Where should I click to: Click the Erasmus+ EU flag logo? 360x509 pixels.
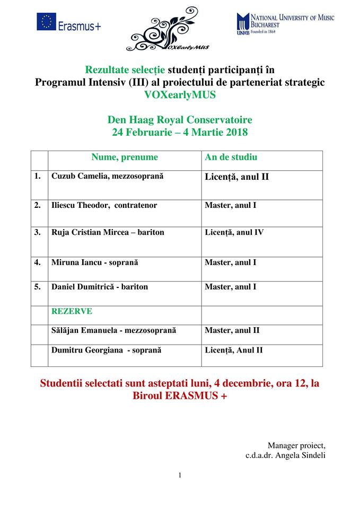46,23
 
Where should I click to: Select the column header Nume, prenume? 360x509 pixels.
125,157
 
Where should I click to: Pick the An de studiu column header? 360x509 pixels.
231,157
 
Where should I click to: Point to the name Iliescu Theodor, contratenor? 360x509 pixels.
104,205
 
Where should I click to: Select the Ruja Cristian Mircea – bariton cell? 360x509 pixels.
108,232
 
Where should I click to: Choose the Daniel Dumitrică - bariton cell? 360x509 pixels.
100,287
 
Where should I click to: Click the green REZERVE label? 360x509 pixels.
72,311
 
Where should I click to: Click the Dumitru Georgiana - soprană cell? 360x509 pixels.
106,350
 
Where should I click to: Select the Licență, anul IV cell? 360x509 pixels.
234,232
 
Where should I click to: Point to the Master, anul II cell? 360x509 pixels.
232,330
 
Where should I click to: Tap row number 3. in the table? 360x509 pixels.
38,232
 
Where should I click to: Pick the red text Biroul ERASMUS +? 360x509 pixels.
179,396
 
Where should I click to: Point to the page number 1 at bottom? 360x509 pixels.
180,475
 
